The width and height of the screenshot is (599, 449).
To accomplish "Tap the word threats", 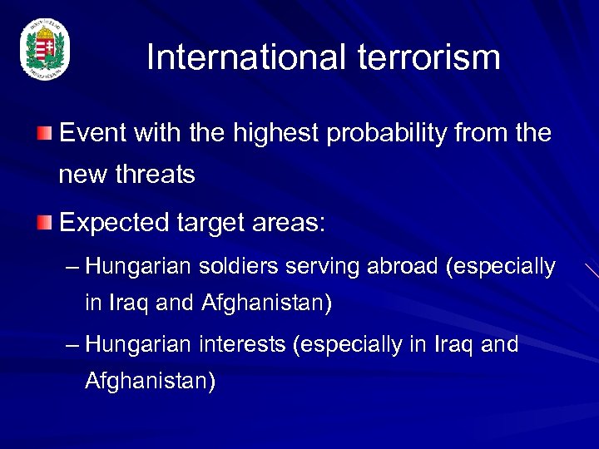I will click(155, 175).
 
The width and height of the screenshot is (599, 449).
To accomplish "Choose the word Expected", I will click(109, 223).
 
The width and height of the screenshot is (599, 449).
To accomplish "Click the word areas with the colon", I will click(299, 223).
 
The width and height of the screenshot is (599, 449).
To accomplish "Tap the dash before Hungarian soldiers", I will click(72, 268).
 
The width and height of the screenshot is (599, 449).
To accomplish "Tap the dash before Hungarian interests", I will click(72, 344).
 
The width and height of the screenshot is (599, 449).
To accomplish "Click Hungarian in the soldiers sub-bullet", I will click(137, 267).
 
